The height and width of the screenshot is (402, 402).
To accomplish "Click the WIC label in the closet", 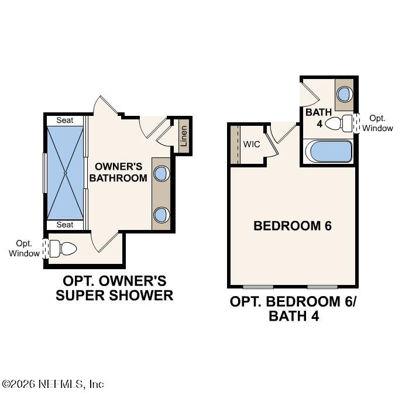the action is tap(252, 144).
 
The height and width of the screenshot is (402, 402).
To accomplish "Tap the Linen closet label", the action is tap(183, 136).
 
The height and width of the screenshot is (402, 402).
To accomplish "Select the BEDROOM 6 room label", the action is tap(293, 226).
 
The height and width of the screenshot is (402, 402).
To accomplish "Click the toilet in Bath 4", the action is tap(339, 123).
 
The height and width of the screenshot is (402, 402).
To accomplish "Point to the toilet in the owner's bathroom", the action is tap(63, 249).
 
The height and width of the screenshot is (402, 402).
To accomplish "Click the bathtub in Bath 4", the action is tap(329, 152).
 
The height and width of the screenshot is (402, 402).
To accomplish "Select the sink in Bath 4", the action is tap(344, 94).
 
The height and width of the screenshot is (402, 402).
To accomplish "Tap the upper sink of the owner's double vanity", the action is tap(162, 174).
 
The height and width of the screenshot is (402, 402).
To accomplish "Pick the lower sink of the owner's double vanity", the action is tap(162, 215).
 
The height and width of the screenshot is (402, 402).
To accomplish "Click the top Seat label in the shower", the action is tap(65, 120).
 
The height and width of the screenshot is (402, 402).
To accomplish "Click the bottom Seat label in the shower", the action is tap(65, 225).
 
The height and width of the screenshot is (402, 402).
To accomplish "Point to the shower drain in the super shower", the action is tap(66, 173).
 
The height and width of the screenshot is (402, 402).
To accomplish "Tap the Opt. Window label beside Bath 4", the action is tap(377, 123).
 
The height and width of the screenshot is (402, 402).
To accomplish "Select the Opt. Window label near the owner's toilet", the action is tap(24, 249).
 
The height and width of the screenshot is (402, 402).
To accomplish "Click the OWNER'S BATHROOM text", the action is tap(118, 172).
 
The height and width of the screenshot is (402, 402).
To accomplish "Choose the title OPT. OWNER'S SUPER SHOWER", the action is tap(114, 288).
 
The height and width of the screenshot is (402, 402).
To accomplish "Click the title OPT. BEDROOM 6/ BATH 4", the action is tap(293, 309).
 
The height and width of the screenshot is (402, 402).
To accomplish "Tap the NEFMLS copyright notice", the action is tap(53, 384).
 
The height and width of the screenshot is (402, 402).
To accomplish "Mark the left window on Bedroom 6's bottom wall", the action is tap(258, 287).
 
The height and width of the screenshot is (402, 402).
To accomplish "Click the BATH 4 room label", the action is tap(319, 118).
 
